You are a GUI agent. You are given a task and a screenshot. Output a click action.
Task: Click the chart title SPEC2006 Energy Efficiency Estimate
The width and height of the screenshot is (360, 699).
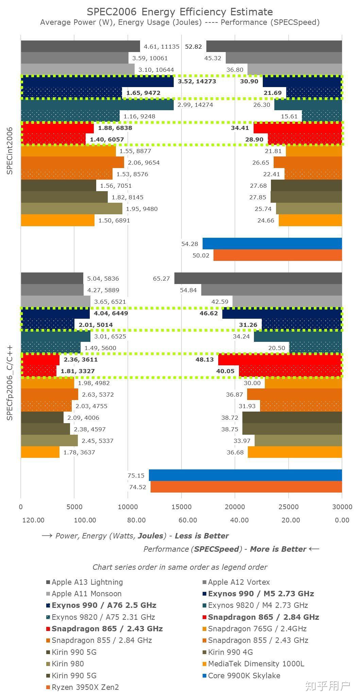pos(180,12)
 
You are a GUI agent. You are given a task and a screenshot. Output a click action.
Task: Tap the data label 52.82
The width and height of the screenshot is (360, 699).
pos(193,47)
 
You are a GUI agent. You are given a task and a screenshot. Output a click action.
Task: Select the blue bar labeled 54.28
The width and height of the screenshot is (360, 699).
pos(272,244)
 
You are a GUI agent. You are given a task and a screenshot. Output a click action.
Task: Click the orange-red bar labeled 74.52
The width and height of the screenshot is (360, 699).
pos(246,487)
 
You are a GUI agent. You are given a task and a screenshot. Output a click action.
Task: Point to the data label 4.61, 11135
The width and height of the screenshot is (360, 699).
pos(161,47)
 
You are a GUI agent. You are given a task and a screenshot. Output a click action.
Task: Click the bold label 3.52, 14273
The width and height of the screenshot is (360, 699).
pos(197,81)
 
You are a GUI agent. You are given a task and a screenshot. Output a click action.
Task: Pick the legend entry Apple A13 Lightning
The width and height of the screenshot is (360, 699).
pos(87,582)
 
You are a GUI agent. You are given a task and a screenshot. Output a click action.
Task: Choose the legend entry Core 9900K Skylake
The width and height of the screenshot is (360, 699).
pos(244,675)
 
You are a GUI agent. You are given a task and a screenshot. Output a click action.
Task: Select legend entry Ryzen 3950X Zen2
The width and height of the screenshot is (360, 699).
pos(85,687)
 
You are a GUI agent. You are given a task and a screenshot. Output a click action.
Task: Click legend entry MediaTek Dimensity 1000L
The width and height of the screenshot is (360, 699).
pos(256,664)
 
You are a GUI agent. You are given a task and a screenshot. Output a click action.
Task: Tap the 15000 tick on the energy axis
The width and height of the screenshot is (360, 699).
pos(181,507)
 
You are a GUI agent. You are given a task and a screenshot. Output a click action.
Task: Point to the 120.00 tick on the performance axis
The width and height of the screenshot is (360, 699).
pos(33,520)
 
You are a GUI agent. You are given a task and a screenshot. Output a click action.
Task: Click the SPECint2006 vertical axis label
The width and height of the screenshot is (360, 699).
pos(10,151)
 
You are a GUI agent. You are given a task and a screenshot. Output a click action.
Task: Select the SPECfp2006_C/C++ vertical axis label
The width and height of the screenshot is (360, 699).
pos(10,382)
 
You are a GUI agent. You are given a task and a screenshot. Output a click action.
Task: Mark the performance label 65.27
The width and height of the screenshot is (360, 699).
pos(161,279)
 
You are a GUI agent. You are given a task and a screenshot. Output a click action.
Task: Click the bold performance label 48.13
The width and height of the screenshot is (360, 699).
pos(205,360)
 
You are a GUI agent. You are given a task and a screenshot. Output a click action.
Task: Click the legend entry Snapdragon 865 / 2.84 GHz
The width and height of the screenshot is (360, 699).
pos(263,617)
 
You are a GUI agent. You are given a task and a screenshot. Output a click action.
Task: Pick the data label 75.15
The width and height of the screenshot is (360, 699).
pos(136,476)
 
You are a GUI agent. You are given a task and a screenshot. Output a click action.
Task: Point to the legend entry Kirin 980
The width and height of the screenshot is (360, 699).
pos(68,664)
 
